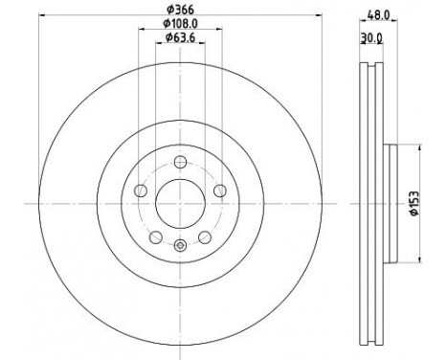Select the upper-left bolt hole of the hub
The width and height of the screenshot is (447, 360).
[142, 189]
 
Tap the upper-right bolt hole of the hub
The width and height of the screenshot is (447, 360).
[220, 189]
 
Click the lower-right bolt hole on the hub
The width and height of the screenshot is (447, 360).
[205, 235]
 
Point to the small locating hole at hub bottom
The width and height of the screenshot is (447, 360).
[181, 246]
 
